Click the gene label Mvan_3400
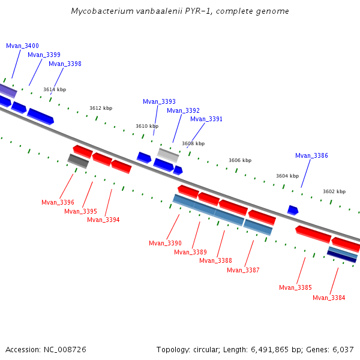tap(22, 46)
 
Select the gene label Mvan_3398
tap(65, 64)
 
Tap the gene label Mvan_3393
tap(159, 101)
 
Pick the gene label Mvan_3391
tap(206, 119)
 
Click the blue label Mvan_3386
tap(311, 155)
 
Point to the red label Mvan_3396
tap(58, 202)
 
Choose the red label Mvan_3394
tap(103, 220)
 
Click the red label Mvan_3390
tap(165, 243)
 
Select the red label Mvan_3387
tap(243, 270)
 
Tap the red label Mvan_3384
tap(329, 298)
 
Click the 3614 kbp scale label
tap(55, 89)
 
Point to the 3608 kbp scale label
tap(193, 143)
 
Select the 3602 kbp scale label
tap(334, 191)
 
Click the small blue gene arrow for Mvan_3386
tap(293, 210)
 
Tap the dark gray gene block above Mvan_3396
tap(78, 161)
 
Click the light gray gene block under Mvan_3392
tap(168, 154)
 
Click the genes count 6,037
tap(342, 349)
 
